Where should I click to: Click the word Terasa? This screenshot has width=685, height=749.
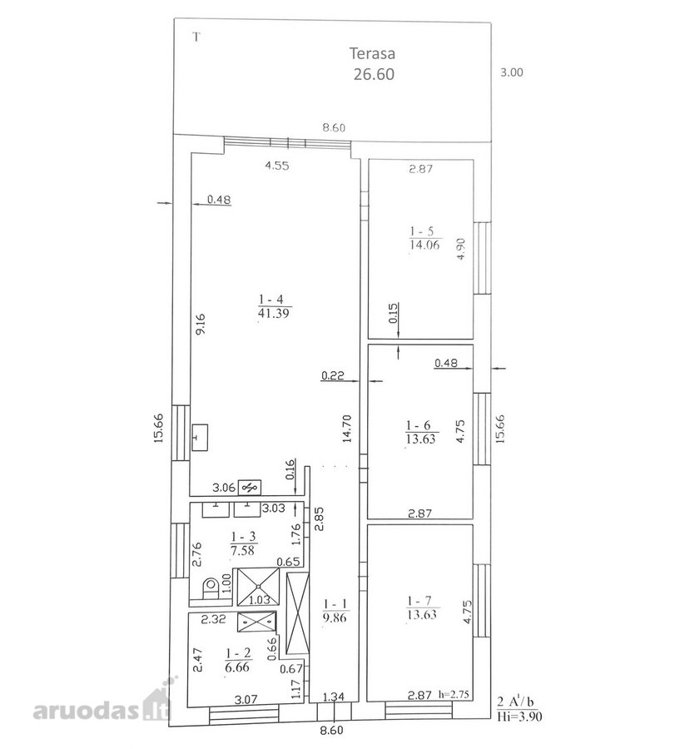[x=372, y=53]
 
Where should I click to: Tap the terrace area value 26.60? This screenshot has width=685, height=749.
[x=374, y=74]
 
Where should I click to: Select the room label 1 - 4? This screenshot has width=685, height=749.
[x=271, y=300]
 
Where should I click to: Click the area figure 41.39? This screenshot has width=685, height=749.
[x=273, y=314]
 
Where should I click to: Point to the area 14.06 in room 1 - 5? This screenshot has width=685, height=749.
[x=424, y=245]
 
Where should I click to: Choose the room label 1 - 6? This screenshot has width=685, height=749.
[x=419, y=425]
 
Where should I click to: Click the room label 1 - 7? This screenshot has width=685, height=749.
[x=419, y=600]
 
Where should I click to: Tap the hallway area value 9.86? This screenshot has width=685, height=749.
[x=335, y=618]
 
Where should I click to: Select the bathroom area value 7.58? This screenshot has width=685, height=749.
[x=243, y=550]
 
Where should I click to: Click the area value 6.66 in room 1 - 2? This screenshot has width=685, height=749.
[x=237, y=667]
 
